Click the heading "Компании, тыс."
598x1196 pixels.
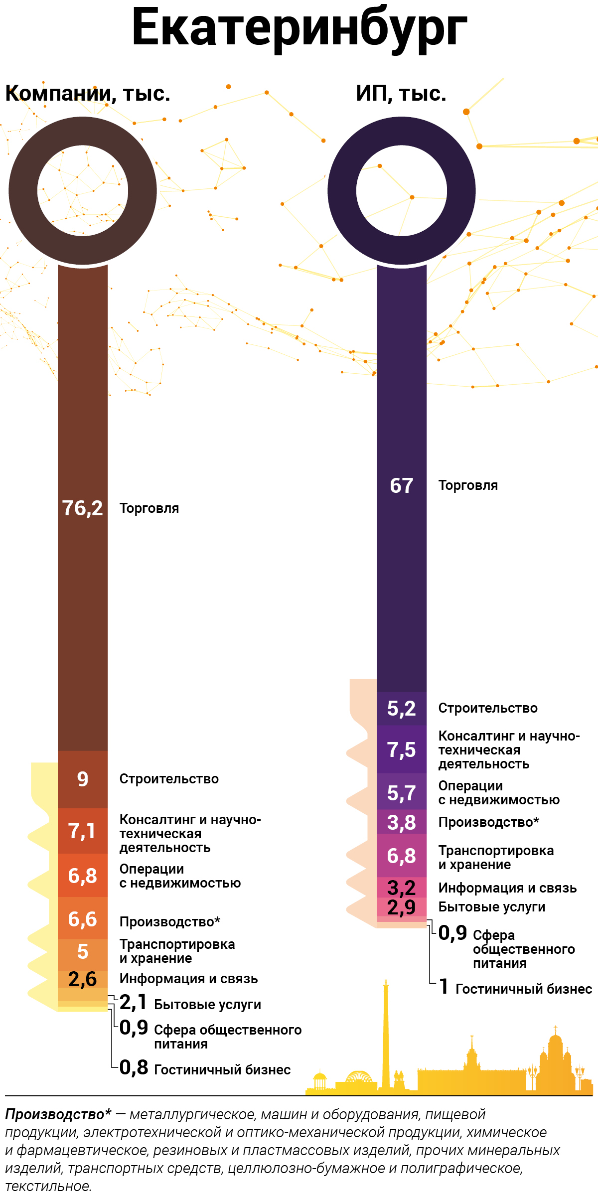88,94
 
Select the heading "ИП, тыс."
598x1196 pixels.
401,94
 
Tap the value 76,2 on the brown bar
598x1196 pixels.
83,508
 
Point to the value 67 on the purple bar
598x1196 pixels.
402,486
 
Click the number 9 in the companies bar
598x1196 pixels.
83,779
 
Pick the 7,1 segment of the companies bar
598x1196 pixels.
82,831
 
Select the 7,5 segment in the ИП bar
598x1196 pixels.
402,750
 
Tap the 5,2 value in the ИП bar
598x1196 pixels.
402,708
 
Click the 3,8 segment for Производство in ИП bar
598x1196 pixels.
402,822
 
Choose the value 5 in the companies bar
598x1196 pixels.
83,952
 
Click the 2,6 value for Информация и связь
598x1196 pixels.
83,979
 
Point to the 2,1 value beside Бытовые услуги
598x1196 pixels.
133,1002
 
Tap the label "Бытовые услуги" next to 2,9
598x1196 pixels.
491,907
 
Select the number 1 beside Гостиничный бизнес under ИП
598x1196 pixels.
444,987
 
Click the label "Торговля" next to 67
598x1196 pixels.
468,486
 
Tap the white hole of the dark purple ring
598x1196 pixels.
402,190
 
